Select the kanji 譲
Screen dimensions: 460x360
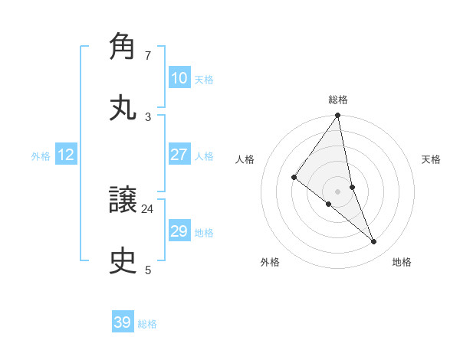[123, 201]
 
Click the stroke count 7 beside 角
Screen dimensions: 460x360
[148, 56]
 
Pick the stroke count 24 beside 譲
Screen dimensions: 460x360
[148, 208]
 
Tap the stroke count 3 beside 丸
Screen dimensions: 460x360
[148, 116]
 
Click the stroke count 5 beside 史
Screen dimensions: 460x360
[148, 270]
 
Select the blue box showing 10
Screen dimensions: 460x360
[179, 78]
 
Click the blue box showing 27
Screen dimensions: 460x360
[179, 155]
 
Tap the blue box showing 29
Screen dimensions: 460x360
[179, 231]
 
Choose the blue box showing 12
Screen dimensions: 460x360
[66, 155]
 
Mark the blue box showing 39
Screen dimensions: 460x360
[123, 322]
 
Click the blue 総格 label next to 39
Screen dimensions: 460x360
[147, 324]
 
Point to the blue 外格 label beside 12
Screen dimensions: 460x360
[41, 156]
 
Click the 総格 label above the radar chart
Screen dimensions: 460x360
[338, 100]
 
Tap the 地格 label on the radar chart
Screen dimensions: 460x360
[402, 263]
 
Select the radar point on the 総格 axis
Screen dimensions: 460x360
[338, 116]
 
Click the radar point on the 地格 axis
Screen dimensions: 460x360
[374, 241]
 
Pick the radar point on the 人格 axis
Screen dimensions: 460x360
[294, 177]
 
